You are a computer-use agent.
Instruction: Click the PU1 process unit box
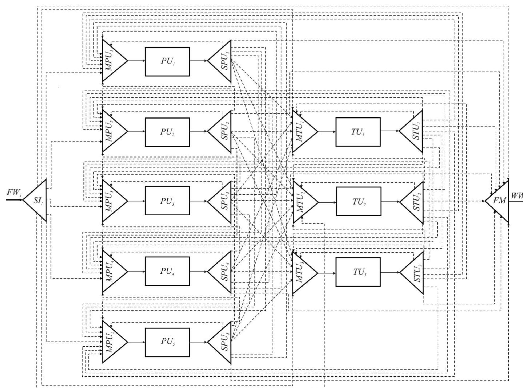167,62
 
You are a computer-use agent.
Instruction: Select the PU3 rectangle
167,201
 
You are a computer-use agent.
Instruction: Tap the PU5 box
167,342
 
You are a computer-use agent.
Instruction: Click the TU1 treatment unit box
358,132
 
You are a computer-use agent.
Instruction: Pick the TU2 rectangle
359,201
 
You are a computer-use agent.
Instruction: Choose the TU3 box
358,272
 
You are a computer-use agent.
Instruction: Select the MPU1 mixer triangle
112,61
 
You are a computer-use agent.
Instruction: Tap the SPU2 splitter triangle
222,132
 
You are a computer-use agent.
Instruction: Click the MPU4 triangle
112,272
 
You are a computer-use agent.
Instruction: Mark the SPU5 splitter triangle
222,342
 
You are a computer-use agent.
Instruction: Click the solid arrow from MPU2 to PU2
136,131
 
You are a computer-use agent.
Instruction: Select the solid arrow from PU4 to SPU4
199,272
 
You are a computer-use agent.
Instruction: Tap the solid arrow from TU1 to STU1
390,131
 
